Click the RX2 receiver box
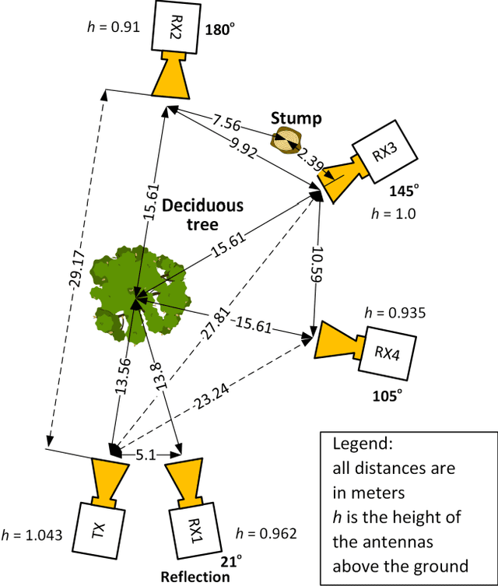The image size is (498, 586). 175,26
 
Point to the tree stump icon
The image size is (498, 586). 286,142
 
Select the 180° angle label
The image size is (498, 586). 219,30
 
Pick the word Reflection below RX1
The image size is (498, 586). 196,577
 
